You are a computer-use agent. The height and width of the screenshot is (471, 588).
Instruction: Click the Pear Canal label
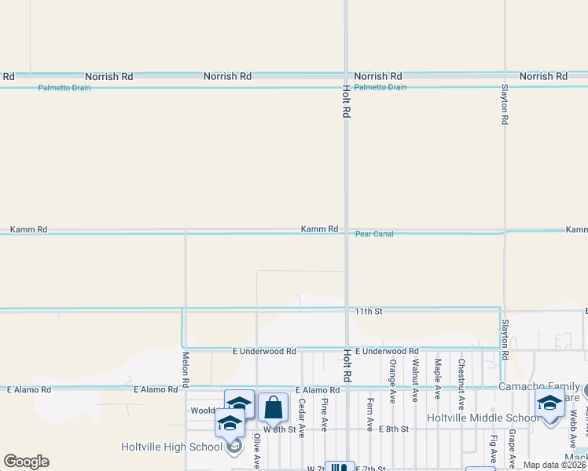(374, 234)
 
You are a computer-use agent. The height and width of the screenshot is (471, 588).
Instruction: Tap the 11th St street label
(368, 312)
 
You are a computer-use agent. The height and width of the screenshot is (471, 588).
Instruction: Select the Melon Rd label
(186, 369)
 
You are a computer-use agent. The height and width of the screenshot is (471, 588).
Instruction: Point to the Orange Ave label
(392, 381)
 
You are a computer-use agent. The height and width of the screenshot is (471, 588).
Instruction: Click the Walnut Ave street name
(414, 381)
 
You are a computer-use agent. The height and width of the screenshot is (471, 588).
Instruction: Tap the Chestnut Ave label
(461, 383)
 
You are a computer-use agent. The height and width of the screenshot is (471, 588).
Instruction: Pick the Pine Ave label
(324, 414)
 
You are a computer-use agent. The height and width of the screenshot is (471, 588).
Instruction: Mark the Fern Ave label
(369, 414)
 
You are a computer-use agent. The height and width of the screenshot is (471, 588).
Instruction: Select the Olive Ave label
(257, 451)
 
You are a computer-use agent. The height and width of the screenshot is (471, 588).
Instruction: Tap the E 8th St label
(394, 429)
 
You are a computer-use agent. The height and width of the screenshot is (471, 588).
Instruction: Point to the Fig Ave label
(493, 450)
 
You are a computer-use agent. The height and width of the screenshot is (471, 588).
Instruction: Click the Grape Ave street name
(512, 447)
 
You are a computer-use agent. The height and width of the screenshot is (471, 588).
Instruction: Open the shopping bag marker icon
(273, 407)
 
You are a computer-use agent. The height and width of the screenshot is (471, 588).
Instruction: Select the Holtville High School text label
(172, 447)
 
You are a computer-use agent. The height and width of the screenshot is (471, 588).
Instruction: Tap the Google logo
(26, 462)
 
